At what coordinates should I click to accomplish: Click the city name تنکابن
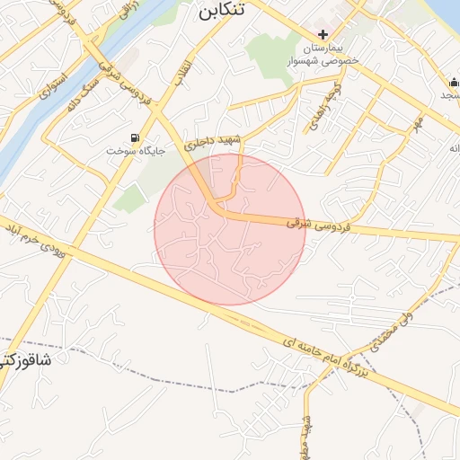pyautogui.click(x=220, y=13)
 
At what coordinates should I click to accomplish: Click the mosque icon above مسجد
pyautogui.click(x=455, y=84)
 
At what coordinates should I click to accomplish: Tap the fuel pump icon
pyautogui.click(x=135, y=138)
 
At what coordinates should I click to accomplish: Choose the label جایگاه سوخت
pyautogui.click(x=137, y=151)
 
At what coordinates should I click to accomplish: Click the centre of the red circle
pyautogui.click(x=230, y=229)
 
